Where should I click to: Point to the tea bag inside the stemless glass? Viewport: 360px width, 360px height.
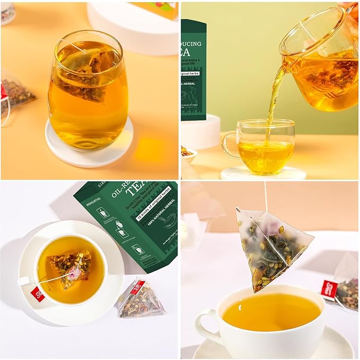tap(85, 74)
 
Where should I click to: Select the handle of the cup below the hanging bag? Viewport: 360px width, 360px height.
tap(204, 329)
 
